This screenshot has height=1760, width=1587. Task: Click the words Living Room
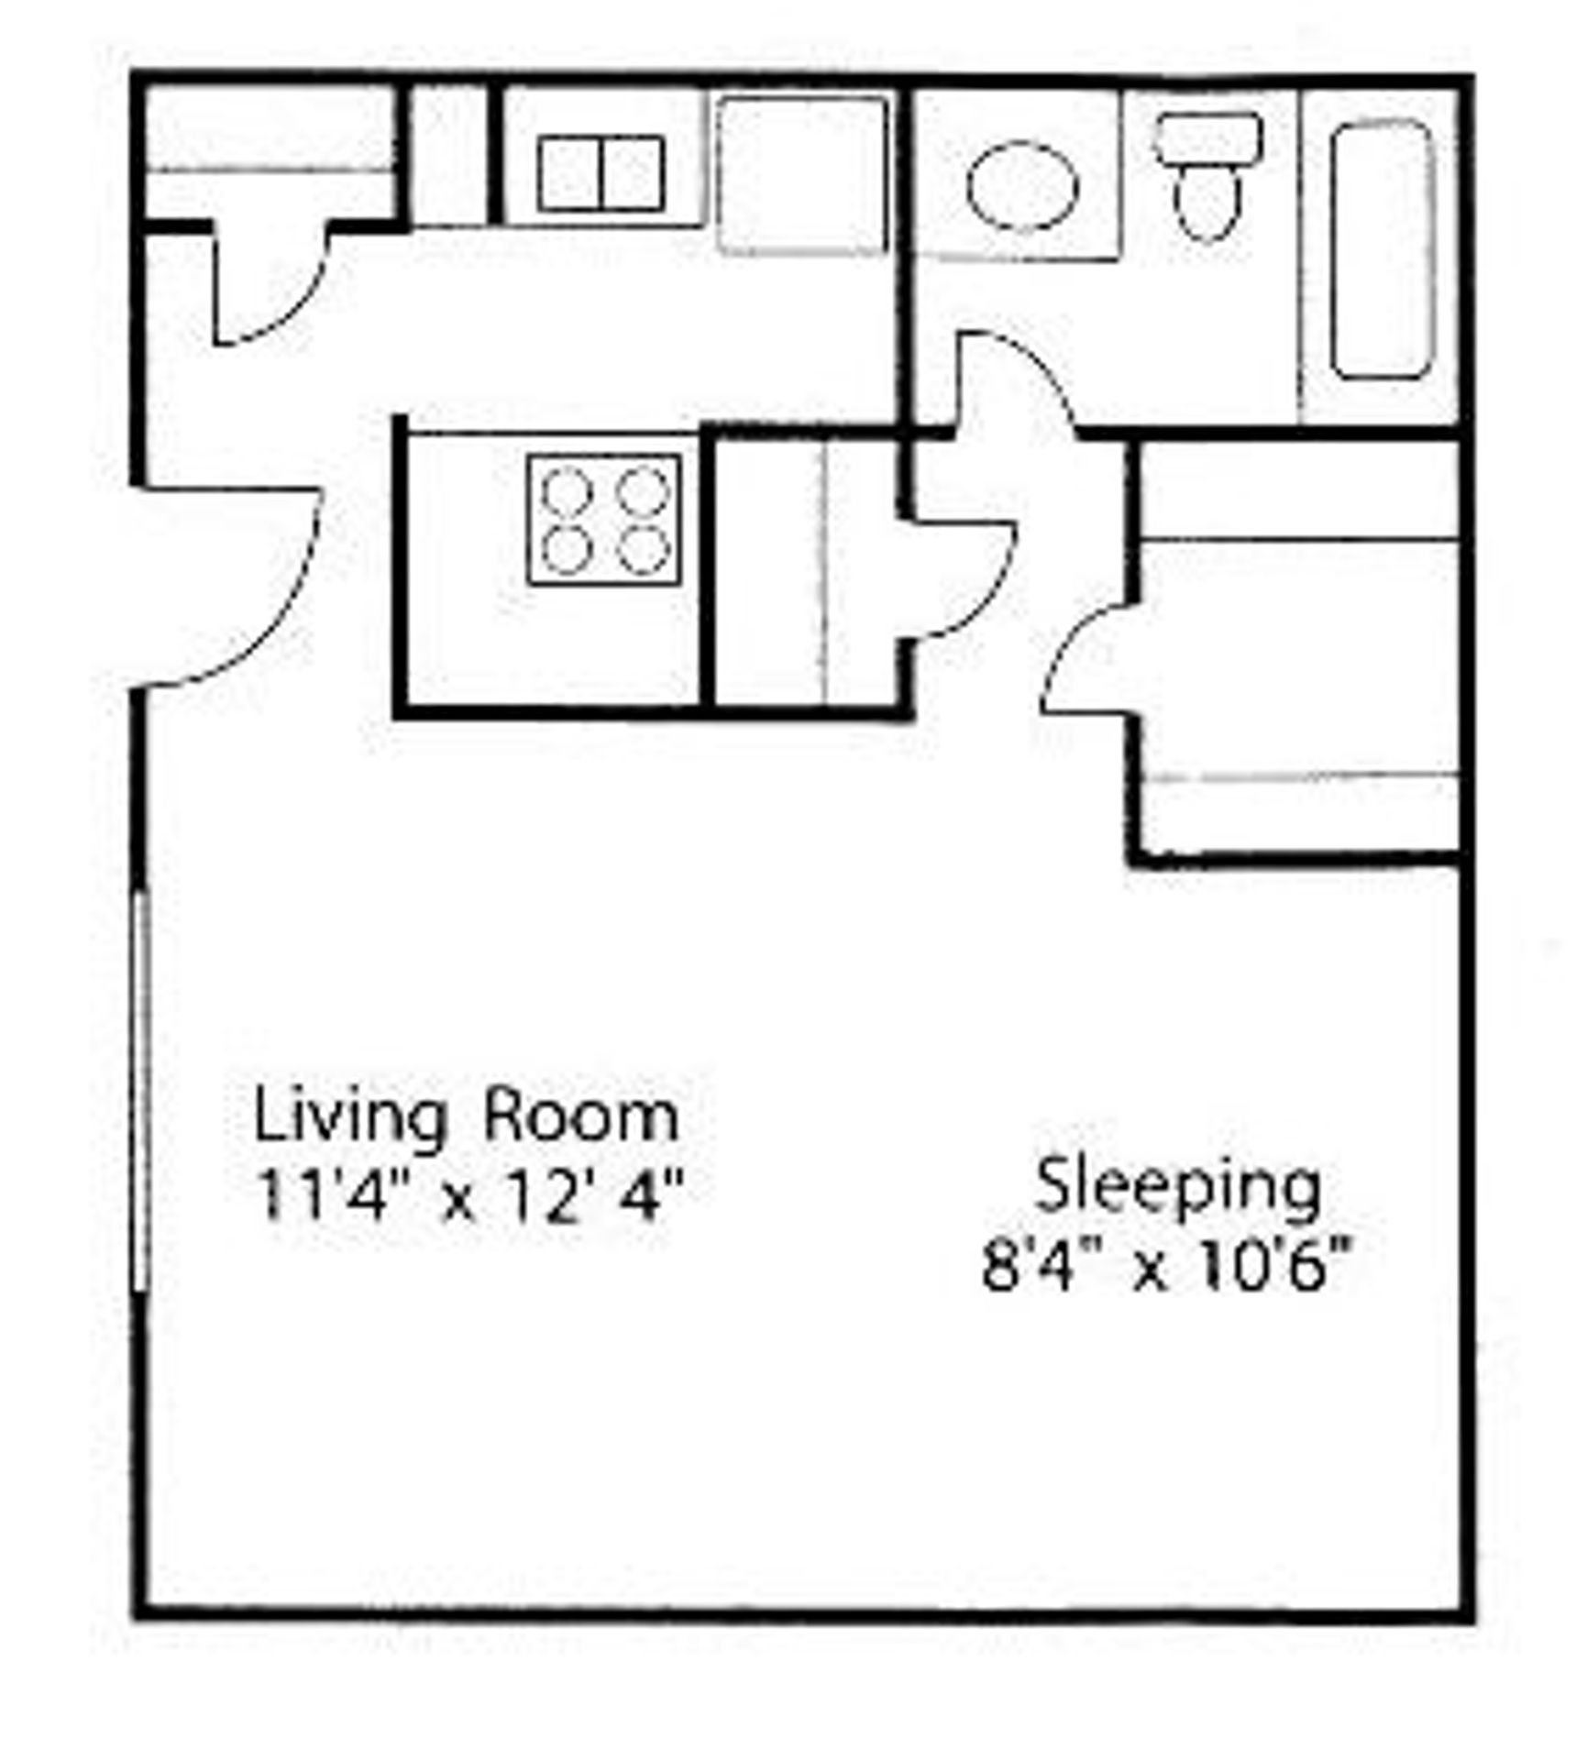click(x=466, y=1117)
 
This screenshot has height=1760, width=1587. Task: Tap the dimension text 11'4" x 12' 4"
click(x=469, y=1196)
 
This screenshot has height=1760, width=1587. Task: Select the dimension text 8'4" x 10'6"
click(x=1166, y=1266)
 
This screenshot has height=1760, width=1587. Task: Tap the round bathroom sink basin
click(x=1022, y=186)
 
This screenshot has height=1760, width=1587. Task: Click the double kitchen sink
click(x=601, y=173)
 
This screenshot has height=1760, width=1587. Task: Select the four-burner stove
click(x=604, y=520)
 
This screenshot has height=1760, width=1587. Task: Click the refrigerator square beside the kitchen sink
click(x=802, y=175)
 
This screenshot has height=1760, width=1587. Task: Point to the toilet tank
click(x=1208, y=138)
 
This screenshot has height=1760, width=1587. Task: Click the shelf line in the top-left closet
click(x=270, y=170)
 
